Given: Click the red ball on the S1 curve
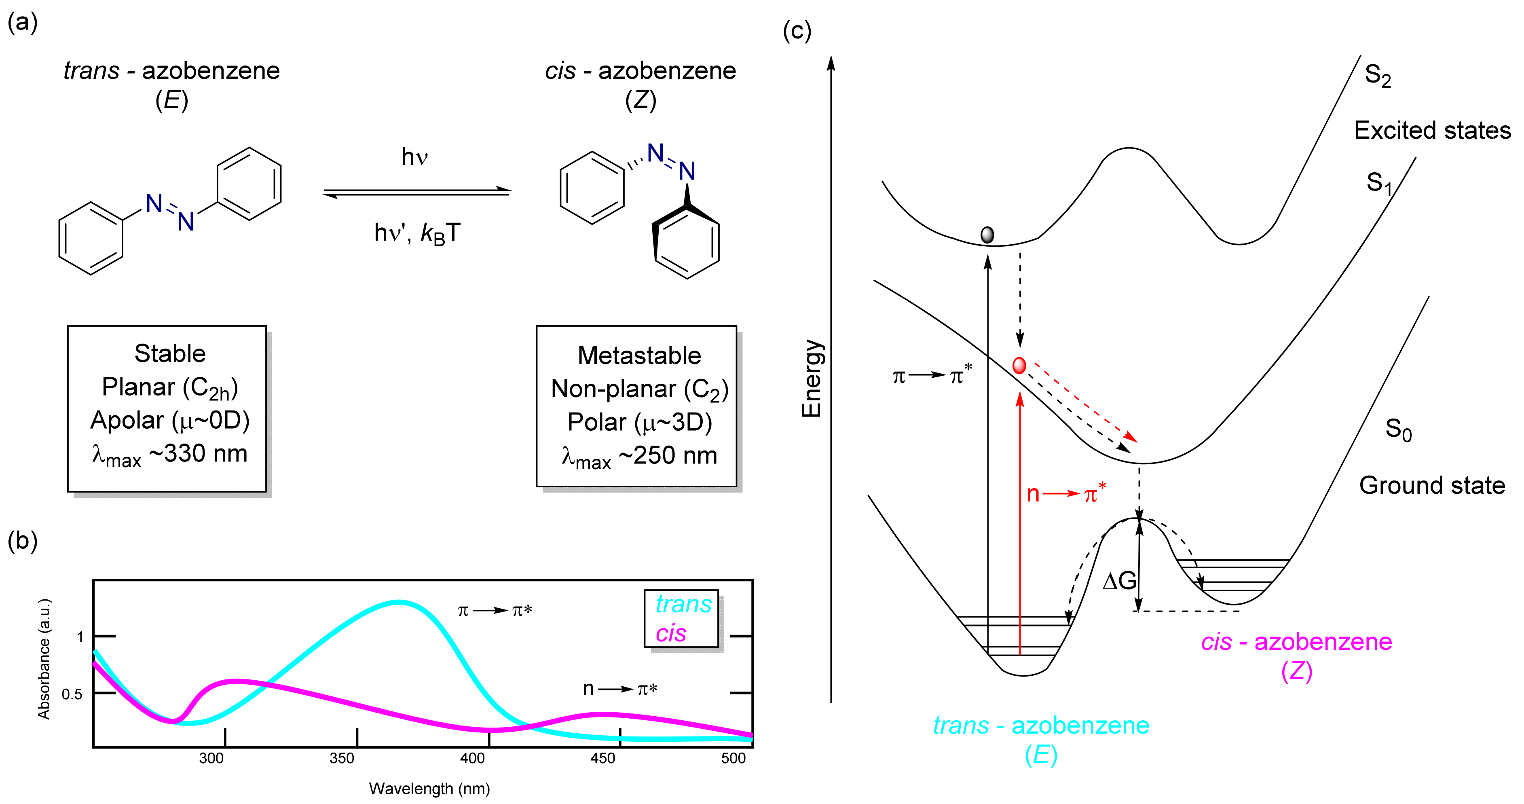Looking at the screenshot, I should point(1019,365).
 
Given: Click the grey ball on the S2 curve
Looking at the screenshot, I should point(987,235).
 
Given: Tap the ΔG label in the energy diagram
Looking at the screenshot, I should point(1119,581).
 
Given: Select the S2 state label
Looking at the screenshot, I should point(1377,76).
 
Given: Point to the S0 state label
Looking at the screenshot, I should point(1398,430).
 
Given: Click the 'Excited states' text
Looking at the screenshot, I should point(1432,130).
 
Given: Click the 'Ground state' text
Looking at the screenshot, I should point(1432,485).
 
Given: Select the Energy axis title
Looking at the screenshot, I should point(812,379).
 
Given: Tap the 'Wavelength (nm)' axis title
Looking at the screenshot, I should point(429,789).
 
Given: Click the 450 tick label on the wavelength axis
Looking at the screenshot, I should point(603,758).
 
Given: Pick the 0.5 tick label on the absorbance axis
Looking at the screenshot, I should point(72,694).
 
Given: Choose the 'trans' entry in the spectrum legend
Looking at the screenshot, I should point(683,604).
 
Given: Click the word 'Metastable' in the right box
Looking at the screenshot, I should point(639,355).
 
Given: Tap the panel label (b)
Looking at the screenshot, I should point(23,540).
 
